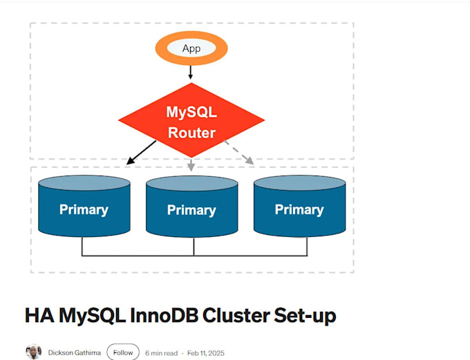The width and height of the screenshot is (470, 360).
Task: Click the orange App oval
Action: pos(191,48)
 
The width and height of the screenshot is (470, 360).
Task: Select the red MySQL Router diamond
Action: pos(191,122)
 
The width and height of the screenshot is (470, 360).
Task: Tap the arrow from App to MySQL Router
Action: pos(191,72)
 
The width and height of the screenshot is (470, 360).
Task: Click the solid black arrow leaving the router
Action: pos(141,153)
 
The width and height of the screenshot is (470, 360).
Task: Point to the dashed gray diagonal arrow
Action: pos(238,152)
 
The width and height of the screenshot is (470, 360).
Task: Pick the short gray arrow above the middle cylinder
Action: pos(191,164)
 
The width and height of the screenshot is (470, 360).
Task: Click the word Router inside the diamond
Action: pos(191,133)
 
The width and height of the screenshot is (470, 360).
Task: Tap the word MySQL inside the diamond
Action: pos(191,111)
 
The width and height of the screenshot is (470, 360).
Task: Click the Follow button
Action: pos(123,352)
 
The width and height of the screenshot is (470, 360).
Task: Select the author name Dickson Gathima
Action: pos(74,352)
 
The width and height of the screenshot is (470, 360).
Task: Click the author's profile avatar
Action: pos(34,352)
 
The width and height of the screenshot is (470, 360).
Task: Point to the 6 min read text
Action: pos(161,352)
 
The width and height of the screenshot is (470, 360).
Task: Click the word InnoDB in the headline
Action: pos(164,316)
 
